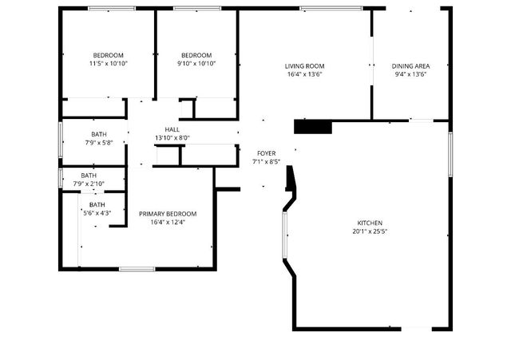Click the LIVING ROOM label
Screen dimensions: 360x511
coord(304,66)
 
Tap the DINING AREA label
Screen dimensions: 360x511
coord(410,66)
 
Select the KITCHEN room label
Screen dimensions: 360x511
coord(370,223)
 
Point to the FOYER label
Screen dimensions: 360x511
coord(266,153)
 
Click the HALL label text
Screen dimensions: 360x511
coord(172,129)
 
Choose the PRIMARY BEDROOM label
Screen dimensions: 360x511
coord(168,214)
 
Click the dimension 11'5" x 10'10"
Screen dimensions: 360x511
coord(108,63)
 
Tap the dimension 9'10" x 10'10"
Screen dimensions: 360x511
coord(196,63)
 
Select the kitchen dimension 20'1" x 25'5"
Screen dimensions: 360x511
coord(370,231)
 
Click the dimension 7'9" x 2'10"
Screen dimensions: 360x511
coord(89,184)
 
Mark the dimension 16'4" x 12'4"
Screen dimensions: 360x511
coord(168,223)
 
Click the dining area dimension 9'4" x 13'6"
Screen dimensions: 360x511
coord(410,74)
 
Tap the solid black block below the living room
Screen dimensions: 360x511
coord(313,126)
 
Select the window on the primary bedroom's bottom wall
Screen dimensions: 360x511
coord(137,268)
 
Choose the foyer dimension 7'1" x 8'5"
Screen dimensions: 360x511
coord(266,161)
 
